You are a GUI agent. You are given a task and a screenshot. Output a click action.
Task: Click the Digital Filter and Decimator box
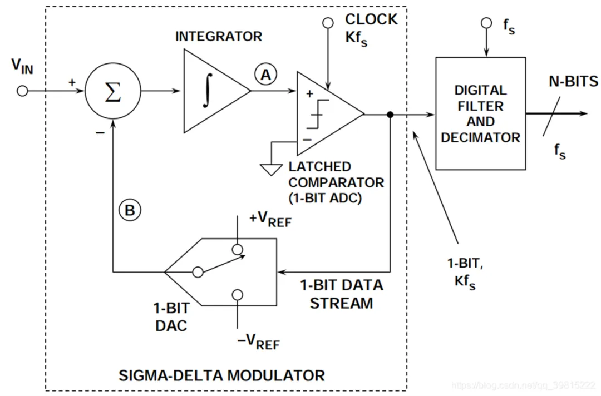[480, 113]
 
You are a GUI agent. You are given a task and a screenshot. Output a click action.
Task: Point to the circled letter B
[129, 211]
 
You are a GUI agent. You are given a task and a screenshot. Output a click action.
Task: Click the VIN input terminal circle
[22, 91]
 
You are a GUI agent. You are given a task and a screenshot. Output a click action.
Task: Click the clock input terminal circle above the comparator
[328, 23]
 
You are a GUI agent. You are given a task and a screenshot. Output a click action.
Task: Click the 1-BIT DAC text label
[171, 316]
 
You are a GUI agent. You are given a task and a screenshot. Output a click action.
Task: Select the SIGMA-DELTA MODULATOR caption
[221, 375]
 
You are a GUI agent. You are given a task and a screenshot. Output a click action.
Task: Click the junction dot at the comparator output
[391, 115]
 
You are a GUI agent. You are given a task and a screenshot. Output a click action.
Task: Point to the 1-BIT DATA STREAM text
[342, 294]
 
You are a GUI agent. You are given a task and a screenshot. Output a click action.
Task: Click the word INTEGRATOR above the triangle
[218, 37]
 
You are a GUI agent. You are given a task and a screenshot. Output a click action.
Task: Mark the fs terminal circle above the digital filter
[487, 23]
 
